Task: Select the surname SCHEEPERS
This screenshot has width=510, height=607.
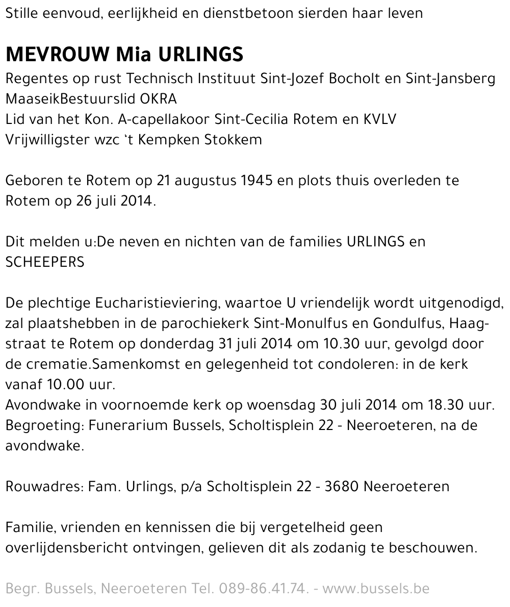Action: (x=45, y=262)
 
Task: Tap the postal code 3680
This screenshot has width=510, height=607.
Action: (x=342, y=487)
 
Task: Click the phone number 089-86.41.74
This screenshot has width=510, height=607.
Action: (x=264, y=589)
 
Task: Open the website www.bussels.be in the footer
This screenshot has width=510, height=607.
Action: (x=376, y=589)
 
